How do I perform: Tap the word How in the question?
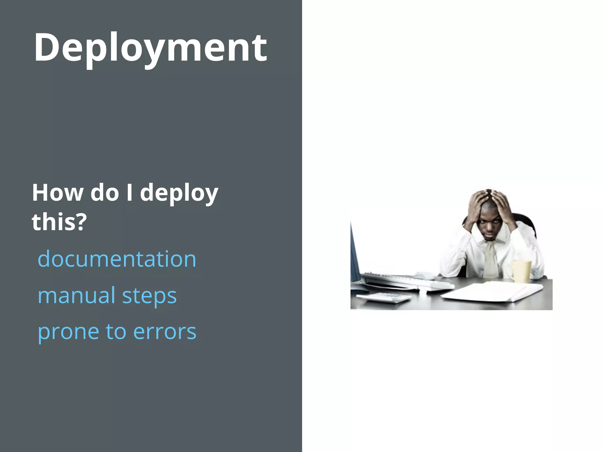(58, 193)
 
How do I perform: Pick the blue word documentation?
(117, 259)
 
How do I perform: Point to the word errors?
(165, 332)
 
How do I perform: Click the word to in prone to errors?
(116, 332)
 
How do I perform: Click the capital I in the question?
(129, 193)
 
